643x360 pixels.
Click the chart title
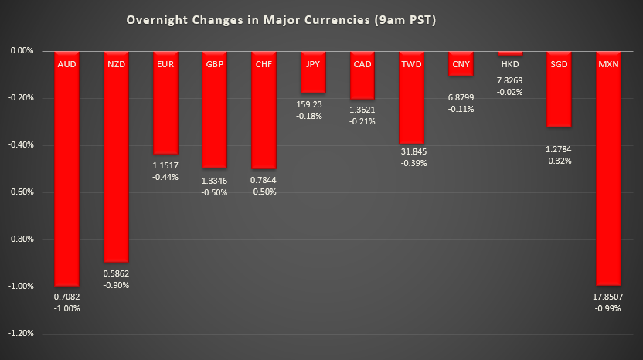click(x=281, y=20)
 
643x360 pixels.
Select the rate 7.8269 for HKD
click(x=510, y=80)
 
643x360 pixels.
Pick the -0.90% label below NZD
click(x=116, y=285)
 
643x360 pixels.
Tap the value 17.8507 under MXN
click(x=608, y=297)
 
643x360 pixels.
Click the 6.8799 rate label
click(x=461, y=98)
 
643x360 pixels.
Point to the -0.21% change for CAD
click(x=362, y=122)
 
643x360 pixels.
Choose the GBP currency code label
click(x=215, y=64)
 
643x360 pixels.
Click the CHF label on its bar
click(x=264, y=64)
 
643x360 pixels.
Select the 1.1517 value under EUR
click(x=165, y=165)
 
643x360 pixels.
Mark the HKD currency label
click(x=510, y=64)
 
